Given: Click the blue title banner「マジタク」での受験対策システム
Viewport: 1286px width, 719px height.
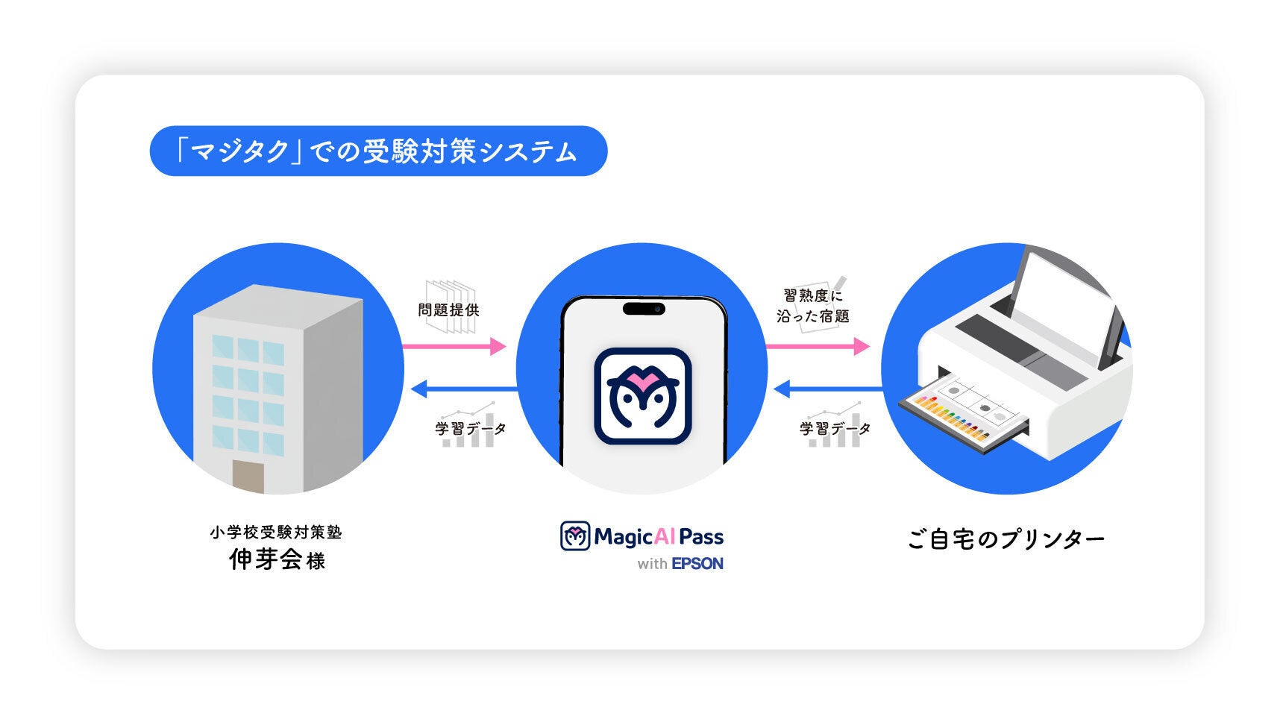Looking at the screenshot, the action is point(378,151).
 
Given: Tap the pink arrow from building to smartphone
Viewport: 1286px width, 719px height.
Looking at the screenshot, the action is point(454,346).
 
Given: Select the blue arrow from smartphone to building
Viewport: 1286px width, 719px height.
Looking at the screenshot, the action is point(462,389).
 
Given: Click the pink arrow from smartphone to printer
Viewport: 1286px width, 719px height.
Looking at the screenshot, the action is point(818,346).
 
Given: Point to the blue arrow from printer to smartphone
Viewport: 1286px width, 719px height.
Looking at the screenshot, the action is point(828,389).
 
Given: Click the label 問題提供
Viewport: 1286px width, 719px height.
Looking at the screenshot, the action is point(448,310).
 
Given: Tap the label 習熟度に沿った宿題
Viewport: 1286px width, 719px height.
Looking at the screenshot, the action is point(813,306).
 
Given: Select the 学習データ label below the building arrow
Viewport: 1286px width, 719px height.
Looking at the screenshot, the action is point(471,429).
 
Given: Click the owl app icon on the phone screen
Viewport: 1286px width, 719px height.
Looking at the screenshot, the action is point(642,396).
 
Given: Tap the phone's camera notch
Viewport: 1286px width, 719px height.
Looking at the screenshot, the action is point(643,308).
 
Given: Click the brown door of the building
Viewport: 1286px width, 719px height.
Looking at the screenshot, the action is point(248,477).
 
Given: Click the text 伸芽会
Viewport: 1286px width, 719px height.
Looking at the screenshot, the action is point(266,559).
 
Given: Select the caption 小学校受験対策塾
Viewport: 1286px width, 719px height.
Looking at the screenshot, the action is point(276,533).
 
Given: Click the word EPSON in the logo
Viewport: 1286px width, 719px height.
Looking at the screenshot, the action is point(697,564).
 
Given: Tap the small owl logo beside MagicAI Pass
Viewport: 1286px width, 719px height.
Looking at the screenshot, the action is point(575,536).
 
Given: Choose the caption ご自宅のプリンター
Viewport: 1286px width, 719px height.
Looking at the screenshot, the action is point(1006,539).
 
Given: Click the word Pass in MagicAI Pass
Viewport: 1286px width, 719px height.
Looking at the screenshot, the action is point(701,536).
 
